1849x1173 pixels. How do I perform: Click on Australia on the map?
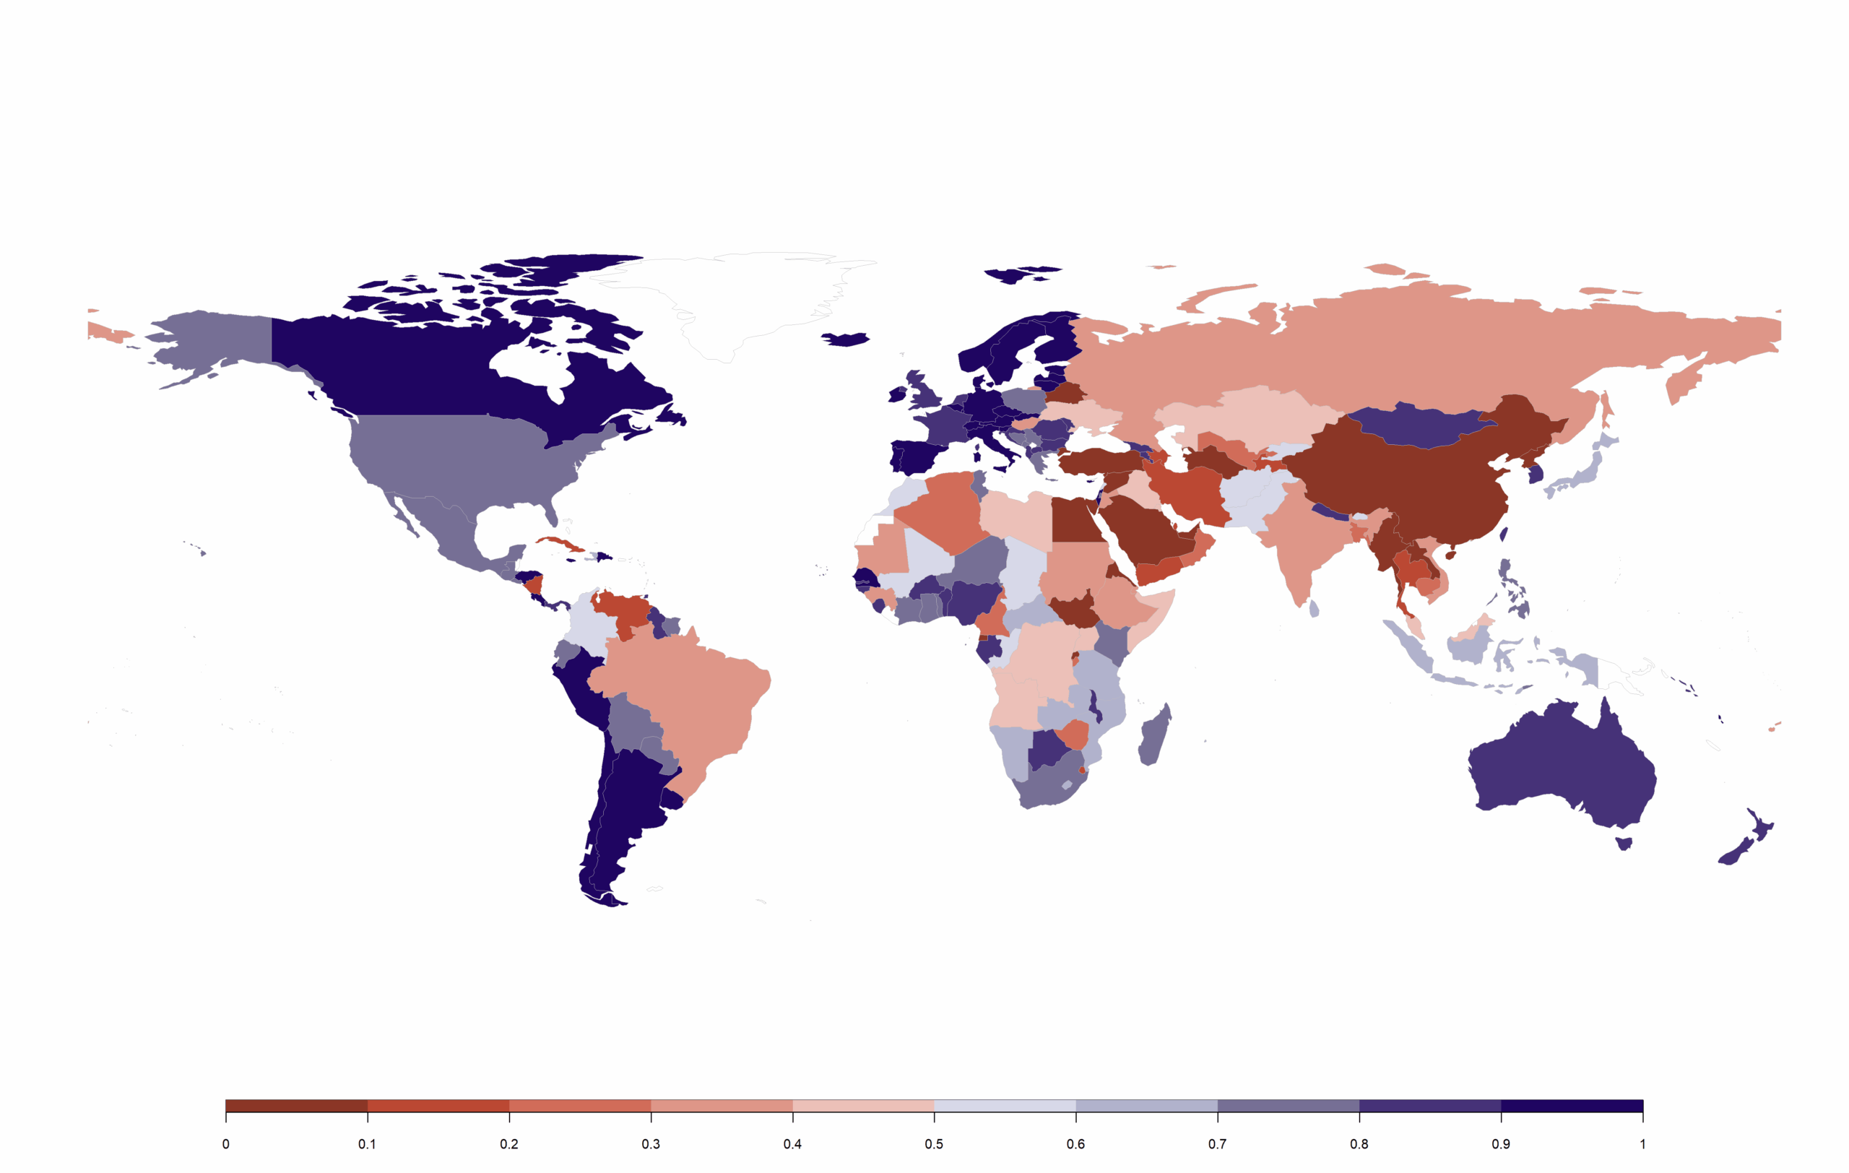1559,768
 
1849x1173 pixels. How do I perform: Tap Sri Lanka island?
1315,609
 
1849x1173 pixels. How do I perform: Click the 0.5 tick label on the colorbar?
934,1145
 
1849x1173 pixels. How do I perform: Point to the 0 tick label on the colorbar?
226,1145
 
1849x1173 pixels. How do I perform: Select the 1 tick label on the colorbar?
1642,1145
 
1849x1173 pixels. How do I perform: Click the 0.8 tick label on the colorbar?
1359,1145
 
